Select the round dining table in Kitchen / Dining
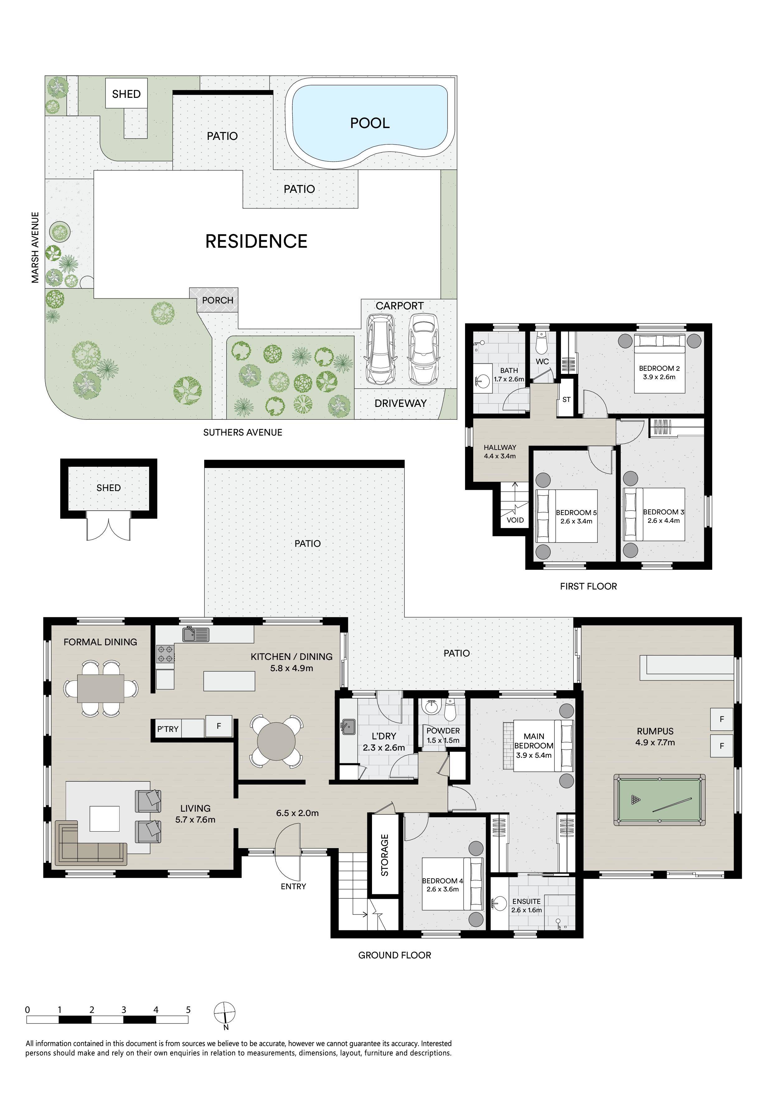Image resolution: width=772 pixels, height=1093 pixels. (276, 742)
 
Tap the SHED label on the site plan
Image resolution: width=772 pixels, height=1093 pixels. (126, 94)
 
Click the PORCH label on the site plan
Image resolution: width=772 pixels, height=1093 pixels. (218, 300)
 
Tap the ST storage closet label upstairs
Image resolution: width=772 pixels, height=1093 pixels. (566, 399)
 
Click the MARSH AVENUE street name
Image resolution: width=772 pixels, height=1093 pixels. (35, 247)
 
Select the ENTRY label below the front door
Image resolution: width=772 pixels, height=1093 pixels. (294, 886)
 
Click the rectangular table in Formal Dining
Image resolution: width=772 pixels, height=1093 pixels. (101, 688)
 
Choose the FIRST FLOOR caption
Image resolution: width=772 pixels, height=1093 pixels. (588, 586)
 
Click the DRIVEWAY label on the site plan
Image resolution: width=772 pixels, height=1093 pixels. (401, 403)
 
